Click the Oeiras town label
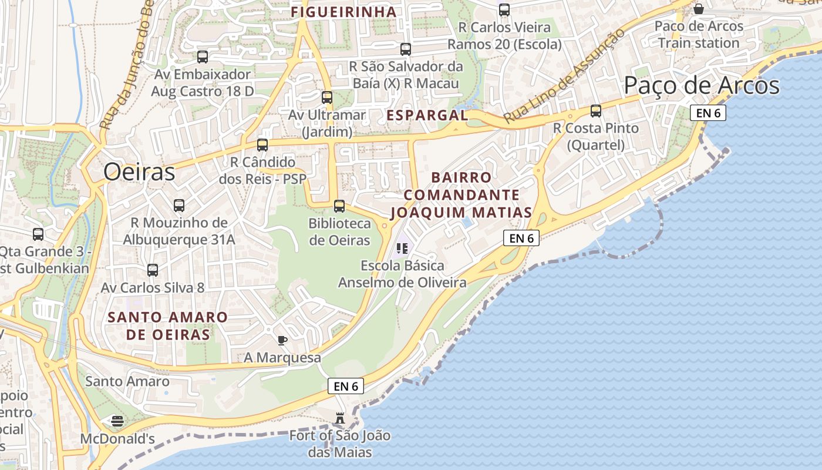pos(139,172)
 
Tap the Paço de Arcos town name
pos(701,86)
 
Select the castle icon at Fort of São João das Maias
pos(340,418)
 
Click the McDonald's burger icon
pos(117,421)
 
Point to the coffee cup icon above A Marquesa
pos(282,340)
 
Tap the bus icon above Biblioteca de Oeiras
pos(339,206)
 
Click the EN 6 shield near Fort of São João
pos(346,386)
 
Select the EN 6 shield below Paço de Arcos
pos(708,113)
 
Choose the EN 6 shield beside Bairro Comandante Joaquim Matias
pos(521,238)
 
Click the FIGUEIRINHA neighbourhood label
pos(344,12)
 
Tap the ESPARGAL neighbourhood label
pos(427,115)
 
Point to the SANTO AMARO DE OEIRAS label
pos(168,326)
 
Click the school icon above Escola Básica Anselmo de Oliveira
pos(402,249)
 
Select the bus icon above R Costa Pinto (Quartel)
pos(596,111)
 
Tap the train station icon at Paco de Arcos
pos(699,9)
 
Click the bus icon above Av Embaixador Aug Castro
pos(203,57)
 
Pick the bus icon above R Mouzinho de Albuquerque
pos(179,206)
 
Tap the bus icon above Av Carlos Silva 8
pos(153,270)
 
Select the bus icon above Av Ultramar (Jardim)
pos(327,98)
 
